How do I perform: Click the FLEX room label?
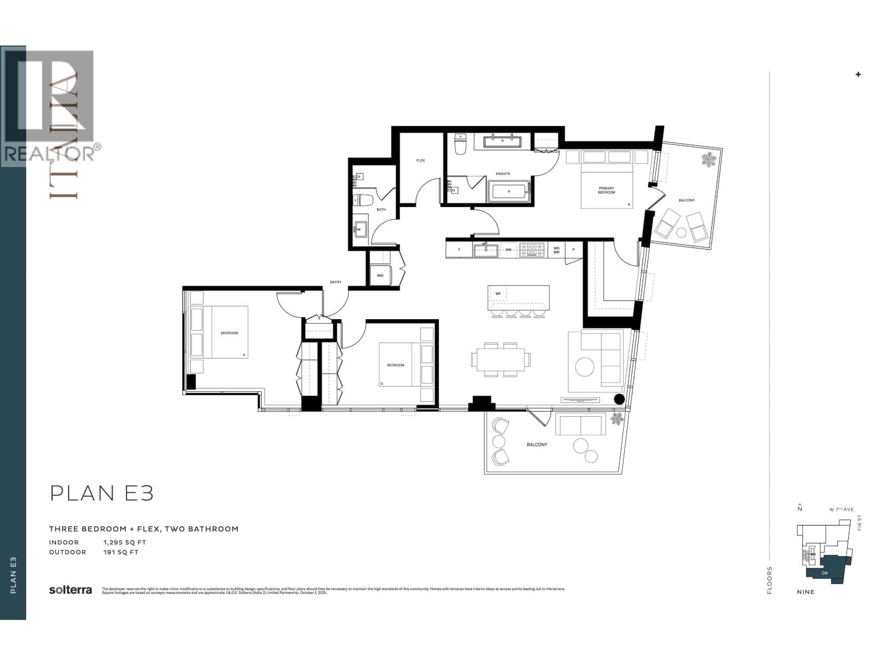[x=421, y=160]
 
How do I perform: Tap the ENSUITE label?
[x=503, y=174]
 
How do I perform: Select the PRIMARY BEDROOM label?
[x=606, y=190]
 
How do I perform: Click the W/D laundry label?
[x=380, y=275]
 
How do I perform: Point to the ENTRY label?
[x=336, y=282]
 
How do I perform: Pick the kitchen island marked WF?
[x=518, y=299]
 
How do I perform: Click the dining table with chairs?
[x=501, y=359]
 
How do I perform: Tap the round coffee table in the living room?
[x=584, y=366]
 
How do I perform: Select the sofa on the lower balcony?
[x=580, y=426]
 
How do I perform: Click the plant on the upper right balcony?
[x=708, y=160]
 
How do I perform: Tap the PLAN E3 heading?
[x=101, y=493]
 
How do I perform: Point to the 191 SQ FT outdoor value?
[x=121, y=552]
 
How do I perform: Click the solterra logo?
[x=70, y=590]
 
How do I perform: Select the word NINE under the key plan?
[x=806, y=592]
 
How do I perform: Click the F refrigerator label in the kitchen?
[x=459, y=250]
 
